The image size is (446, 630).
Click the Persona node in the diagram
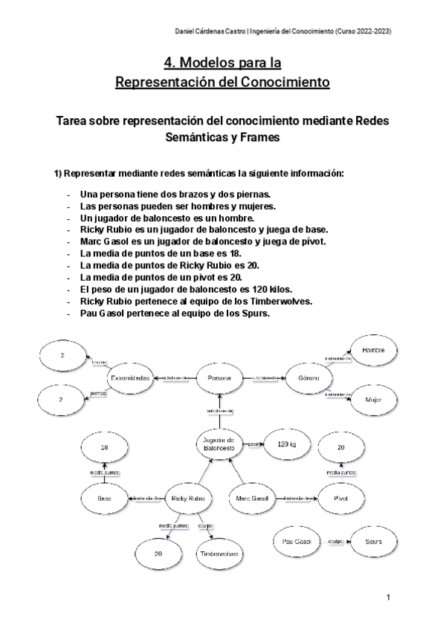(x=220, y=378)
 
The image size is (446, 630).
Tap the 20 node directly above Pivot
(x=341, y=449)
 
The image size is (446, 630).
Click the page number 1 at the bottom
(x=388, y=597)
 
